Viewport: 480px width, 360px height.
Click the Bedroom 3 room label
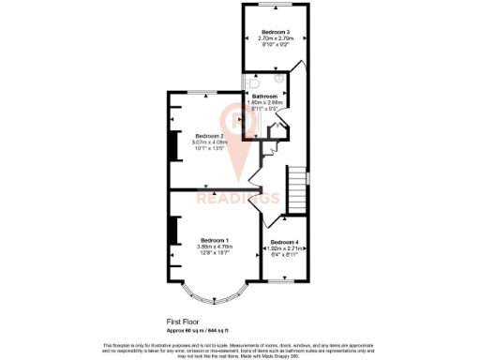[x=274, y=32]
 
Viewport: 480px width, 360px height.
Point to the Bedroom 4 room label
[x=284, y=241]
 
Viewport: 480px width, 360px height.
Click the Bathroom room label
[x=265, y=96]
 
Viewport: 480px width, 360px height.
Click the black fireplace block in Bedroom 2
[x=172, y=144]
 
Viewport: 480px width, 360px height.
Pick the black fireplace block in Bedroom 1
[x=172, y=233]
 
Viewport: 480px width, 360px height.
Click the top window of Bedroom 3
[x=274, y=5]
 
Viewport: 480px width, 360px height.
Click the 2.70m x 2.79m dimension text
[x=274, y=38]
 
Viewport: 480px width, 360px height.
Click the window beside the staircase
[x=308, y=176]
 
